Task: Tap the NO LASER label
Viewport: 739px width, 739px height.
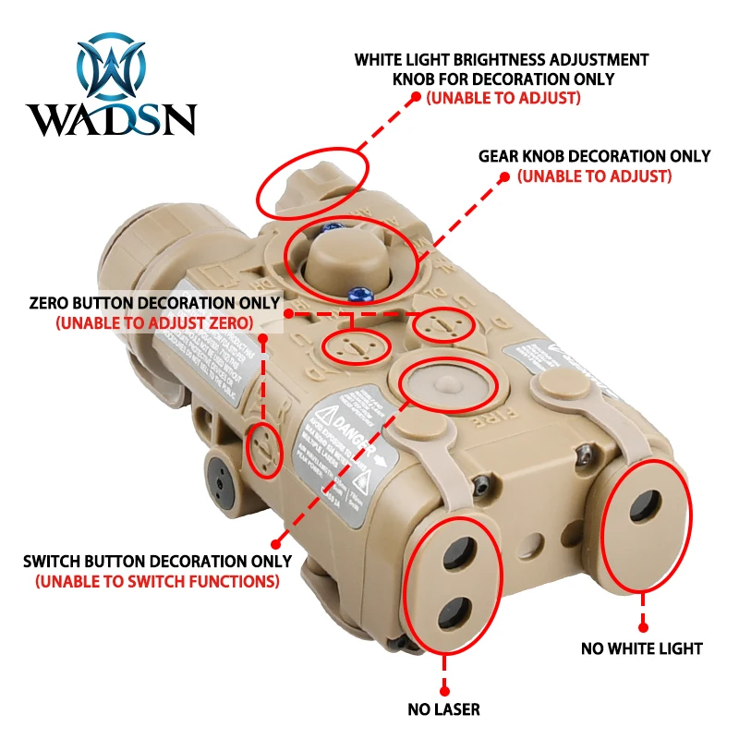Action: pos(444,709)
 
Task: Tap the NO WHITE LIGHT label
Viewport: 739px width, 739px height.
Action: pos(642,648)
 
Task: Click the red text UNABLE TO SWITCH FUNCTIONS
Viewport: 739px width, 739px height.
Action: pos(157,582)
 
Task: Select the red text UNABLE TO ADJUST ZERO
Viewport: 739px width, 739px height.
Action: pos(154,323)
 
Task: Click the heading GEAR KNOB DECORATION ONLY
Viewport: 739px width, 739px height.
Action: pos(594,156)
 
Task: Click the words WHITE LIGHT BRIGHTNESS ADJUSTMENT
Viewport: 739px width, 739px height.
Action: pos(502,60)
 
